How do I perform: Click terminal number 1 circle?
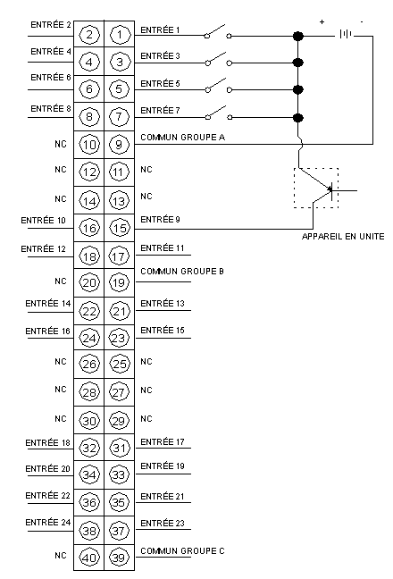coord(119,35)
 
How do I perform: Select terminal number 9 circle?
coord(119,145)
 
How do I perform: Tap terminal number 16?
coord(89,228)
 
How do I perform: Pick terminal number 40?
coord(89,558)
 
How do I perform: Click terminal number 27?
coord(119,391)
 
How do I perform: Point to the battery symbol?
coord(346,34)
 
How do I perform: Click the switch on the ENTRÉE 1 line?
coord(218,32)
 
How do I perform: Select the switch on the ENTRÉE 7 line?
coord(218,113)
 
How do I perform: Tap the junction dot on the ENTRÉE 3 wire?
coord(297,63)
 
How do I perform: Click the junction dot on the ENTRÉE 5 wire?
coord(297,89)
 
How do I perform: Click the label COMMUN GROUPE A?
coord(183,138)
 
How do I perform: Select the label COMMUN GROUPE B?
coord(182,272)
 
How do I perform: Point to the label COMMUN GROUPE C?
coord(182,551)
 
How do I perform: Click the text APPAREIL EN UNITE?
coord(343,236)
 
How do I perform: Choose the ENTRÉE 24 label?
coord(48,523)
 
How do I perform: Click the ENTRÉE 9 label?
coord(160,220)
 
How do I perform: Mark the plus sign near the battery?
coord(322,22)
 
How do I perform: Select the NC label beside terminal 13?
coord(146,196)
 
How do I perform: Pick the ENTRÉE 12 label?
coord(43,249)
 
